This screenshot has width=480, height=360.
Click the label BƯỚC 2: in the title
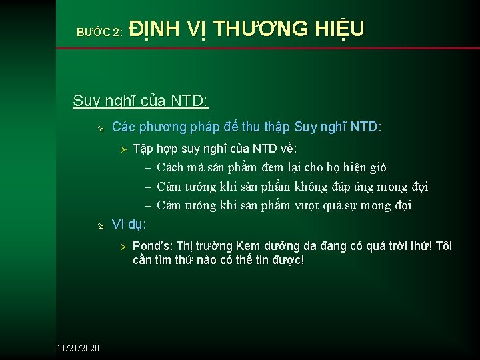click(99, 31)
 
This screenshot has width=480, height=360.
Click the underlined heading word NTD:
click(190, 101)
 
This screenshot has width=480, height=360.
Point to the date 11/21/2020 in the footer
click(78, 348)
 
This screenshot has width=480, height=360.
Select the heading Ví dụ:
click(129, 223)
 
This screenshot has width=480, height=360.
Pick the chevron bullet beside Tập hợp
click(123, 148)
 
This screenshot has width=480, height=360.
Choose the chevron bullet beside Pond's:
click(123, 247)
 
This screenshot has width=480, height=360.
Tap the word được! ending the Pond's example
click(285, 259)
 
